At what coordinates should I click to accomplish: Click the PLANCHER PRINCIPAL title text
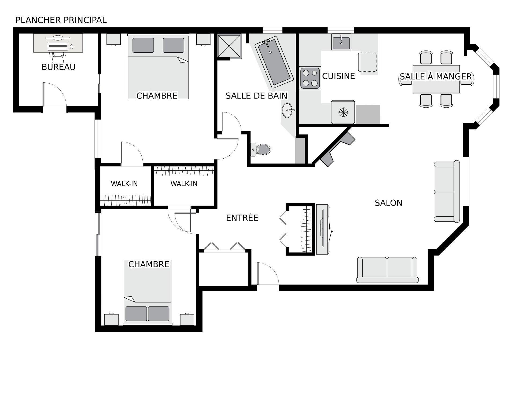(61, 20)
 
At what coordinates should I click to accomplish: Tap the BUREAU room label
(58, 67)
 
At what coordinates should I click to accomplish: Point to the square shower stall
(229, 46)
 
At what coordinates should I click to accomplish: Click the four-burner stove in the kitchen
(310, 78)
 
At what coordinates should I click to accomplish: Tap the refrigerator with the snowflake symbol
(343, 112)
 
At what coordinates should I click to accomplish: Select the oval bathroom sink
(287, 110)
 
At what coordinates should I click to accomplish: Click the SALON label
(388, 203)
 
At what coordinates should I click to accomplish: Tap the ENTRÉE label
(242, 218)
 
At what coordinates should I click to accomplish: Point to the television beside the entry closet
(323, 229)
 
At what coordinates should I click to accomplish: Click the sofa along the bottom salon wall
(387, 270)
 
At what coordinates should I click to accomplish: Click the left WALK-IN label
(124, 184)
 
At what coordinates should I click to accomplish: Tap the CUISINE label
(339, 76)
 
